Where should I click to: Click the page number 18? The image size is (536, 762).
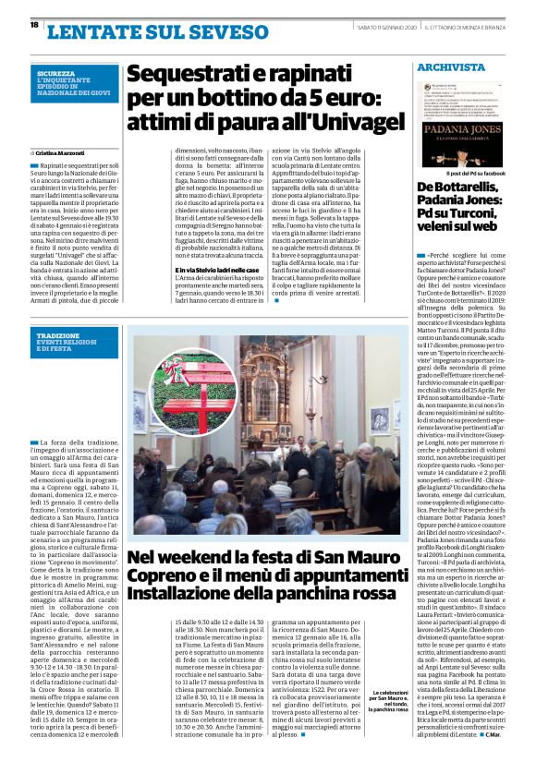[34, 25]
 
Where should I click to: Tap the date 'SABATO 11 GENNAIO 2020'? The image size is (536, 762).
[387, 26]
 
